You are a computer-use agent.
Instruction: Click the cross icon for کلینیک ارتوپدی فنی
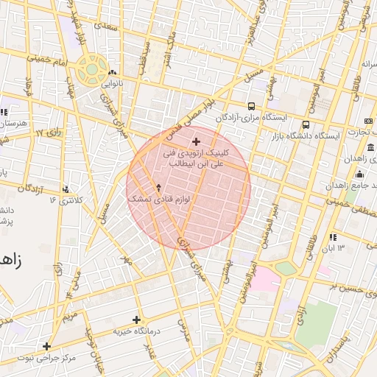click(196, 141)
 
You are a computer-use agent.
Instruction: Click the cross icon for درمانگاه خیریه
click(136, 320)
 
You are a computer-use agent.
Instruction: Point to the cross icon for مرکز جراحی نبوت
click(46, 346)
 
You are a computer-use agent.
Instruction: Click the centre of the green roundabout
click(91, 69)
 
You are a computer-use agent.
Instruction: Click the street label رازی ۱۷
click(49, 133)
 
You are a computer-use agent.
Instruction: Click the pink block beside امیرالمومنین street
click(264, 280)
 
